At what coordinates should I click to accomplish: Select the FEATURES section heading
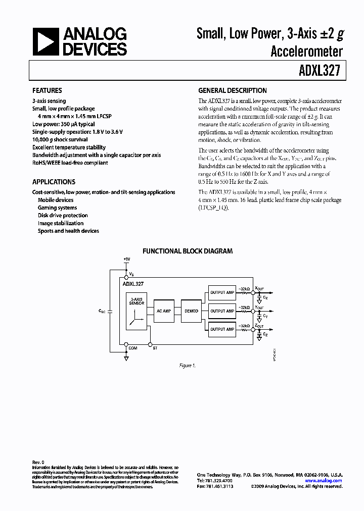[x=47, y=91]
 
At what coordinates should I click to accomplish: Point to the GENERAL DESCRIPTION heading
[x=232, y=91]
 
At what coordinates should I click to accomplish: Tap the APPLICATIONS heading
[x=54, y=182]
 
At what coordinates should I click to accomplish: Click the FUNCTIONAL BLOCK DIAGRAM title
[x=187, y=251]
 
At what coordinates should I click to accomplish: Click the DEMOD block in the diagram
[x=191, y=311]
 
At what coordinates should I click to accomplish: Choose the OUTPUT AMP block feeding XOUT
[x=222, y=292]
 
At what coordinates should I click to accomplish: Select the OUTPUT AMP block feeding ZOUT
[x=222, y=329]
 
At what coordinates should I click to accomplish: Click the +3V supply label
[x=126, y=260]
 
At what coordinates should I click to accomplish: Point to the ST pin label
[x=155, y=348]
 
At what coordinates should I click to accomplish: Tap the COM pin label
[x=132, y=348]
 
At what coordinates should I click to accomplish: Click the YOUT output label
[x=259, y=307]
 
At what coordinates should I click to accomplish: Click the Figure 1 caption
[x=187, y=366]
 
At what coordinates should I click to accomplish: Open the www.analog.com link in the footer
[x=324, y=481]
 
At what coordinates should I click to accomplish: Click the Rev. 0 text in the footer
[x=38, y=462]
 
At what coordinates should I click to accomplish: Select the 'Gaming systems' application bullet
[x=57, y=208]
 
